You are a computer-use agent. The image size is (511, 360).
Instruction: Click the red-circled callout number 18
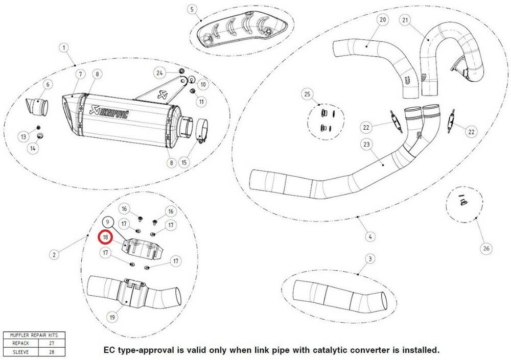pos(105,237)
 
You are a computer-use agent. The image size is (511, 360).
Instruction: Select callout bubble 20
pos(383,20)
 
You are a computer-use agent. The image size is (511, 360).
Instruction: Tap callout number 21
pos(406,20)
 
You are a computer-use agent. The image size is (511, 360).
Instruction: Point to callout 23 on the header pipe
pos(366,146)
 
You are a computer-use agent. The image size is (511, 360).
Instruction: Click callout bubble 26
pos(486,249)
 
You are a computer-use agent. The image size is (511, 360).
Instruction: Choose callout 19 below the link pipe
pos(112,317)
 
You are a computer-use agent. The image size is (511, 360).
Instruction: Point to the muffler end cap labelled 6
pos(37,107)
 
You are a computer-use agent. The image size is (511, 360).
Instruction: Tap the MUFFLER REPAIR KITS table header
pos(34,335)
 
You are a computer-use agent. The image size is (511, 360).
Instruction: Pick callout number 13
pos(24,136)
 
